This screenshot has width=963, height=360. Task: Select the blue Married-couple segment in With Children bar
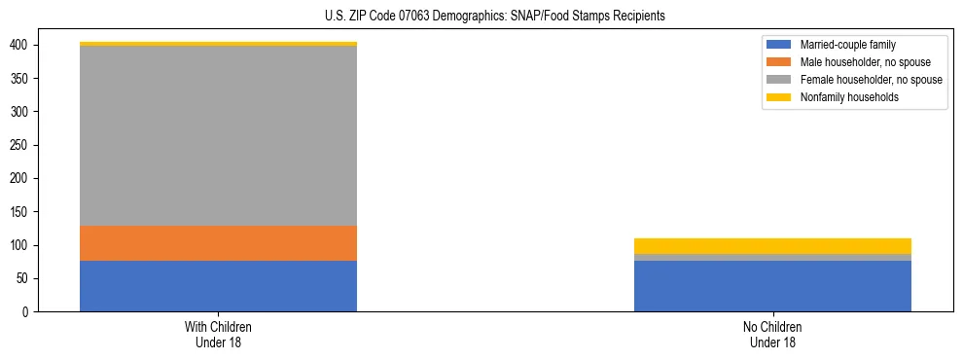(x=218, y=286)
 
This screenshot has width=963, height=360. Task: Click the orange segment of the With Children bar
(x=218, y=243)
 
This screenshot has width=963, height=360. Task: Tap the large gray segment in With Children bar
(x=218, y=136)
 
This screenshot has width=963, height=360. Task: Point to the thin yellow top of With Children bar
(x=218, y=44)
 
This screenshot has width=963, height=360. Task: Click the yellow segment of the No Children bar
(x=772, y=246)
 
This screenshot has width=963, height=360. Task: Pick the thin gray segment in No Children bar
(x=772, y=258)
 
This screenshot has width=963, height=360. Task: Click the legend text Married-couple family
(x=847, y=45)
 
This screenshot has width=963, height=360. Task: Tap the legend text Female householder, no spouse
(x=871, y=80)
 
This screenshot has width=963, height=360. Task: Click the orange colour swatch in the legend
(x=778, y=62)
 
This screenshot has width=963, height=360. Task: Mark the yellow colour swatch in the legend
(x=778, y=97)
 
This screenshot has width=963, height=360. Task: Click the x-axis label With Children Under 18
(x=218, y=334)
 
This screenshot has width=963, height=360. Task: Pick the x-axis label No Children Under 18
(x=772, y=334)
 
